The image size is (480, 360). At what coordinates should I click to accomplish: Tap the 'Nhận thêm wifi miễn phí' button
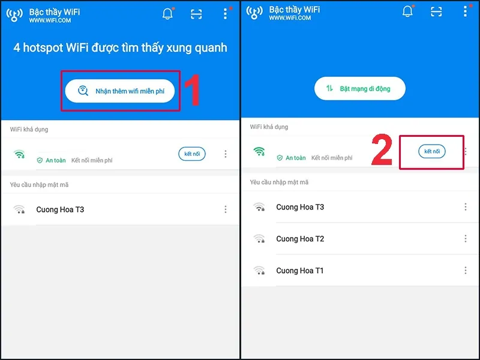(121, 91)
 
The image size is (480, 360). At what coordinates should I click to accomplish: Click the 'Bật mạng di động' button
(360, 89)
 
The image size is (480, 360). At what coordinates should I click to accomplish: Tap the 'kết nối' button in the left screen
(192, 154)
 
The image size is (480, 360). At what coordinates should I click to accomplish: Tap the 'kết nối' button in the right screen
(432, 152)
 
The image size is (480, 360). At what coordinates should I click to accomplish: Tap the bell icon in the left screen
(167, 14)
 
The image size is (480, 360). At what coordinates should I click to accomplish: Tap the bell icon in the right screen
(407, 11)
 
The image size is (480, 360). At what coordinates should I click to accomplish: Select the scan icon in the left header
(196, 14)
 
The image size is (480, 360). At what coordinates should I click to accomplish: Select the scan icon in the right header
(436, 11)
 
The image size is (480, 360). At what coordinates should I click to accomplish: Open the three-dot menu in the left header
(225, 14)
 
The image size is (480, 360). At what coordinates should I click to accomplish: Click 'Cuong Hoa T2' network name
(300, 239)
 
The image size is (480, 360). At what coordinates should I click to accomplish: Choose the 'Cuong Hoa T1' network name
(300, 271)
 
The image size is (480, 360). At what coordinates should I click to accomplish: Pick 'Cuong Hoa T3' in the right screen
(300, 207)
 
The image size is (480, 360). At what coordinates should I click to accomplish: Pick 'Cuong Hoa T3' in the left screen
(60, 209)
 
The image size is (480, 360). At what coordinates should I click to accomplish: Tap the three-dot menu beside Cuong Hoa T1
(465, 271)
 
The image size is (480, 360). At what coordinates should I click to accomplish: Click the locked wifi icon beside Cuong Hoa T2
(259, 239)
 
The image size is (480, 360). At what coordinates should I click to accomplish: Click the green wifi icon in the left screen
(20, 154)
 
